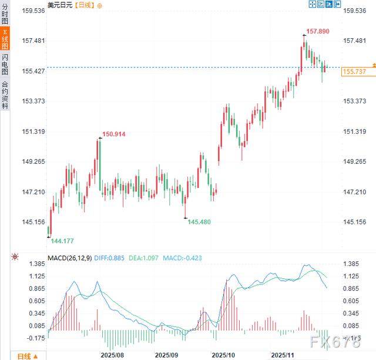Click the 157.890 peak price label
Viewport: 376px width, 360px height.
point(319,31)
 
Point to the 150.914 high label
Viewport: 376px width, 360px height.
point(113,134)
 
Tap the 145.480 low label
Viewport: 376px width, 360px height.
point(199,221)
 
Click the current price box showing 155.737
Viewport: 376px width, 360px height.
point(354,71)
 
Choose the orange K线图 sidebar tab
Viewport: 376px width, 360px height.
point(5,39)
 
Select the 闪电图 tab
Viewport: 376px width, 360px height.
point(5,65)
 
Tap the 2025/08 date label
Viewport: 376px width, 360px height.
point(112,355)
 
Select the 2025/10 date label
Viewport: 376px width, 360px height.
point(223,355)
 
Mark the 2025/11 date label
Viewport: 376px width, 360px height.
point(283,355)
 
